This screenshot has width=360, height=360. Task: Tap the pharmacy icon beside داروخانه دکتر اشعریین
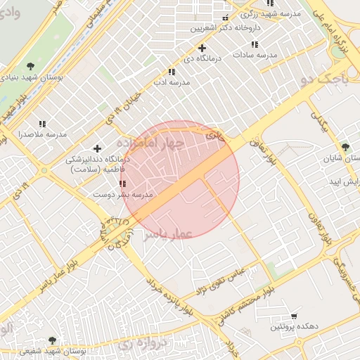[x=225, y=18]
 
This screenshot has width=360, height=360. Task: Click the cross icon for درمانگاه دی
[x=202, y=48]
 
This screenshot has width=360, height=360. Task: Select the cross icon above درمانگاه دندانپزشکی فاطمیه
[x=97, y=148]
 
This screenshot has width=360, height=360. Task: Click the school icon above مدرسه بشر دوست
[x=123, y=183]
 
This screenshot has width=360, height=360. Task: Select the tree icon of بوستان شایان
[x=345, y=146]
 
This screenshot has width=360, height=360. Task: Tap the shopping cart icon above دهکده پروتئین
[x=294, y=316]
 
